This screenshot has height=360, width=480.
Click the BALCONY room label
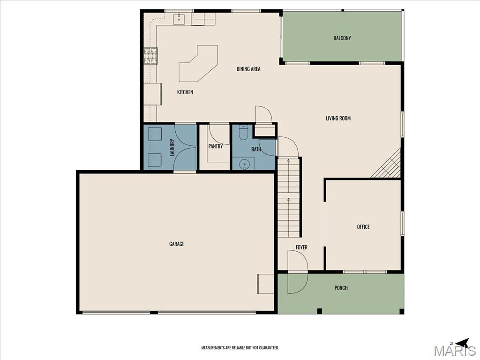click(342, 38)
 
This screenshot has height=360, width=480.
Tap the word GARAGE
click(177, 244)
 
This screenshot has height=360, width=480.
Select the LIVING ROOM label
click(338, 118)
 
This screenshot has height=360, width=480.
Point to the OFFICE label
click(363, 227)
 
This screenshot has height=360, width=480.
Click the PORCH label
click(341, 288)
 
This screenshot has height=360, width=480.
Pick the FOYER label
click(301, 247)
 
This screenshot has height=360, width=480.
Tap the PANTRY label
click(216, 146)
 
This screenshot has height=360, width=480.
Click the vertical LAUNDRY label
click(172, 148)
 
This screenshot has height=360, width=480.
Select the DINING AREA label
click(248, 69)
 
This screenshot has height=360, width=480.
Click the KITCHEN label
click(185, 92)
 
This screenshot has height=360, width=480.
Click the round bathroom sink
click(245, 165)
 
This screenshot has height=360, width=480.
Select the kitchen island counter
click(198, 64)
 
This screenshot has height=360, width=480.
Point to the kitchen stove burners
click(150, 56)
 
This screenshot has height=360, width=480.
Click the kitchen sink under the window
click(178, 19)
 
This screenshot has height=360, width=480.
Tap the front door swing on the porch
click(297, 272)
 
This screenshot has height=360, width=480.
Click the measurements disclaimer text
click(240, 348)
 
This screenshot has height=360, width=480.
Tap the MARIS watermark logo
click(455, 351)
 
